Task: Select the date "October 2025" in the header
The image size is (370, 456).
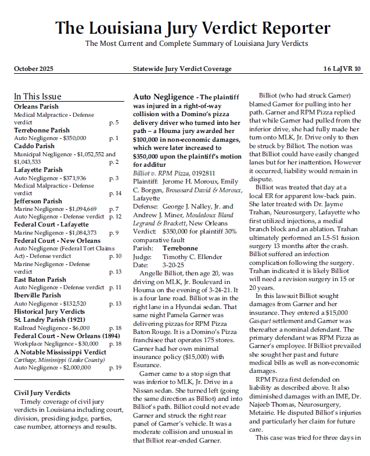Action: (34, 69)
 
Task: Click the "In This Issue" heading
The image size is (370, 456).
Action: (38, 96)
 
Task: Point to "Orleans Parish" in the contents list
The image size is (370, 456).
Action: (36, 107)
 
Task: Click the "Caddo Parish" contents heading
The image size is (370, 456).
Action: (34, 146)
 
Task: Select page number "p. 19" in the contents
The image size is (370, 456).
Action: (115, 368)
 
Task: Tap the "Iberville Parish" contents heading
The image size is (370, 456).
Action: (37, 295)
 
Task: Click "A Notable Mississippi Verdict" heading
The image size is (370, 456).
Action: (60, 352)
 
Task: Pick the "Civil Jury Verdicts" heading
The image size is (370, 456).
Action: (42, 393)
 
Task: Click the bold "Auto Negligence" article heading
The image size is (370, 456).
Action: (163, 97)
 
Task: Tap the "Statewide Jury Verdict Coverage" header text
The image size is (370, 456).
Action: (182, 69)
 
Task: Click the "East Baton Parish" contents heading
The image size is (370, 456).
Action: (40, 279)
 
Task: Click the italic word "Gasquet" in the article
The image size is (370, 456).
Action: (261, 320)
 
